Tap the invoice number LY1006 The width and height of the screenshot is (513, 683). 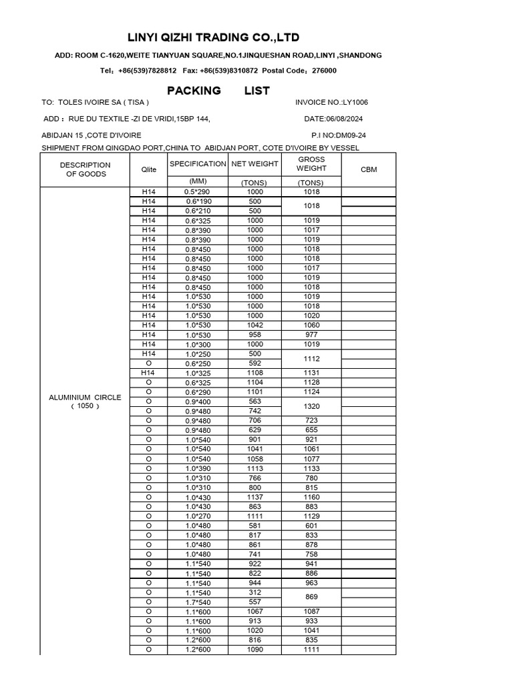[x=354, y=102]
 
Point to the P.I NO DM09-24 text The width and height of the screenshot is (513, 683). [x=339, y=135]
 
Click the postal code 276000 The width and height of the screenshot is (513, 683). [x=324, y=70]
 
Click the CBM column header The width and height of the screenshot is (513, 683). [x=369, y=169]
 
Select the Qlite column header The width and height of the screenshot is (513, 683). [x=148, y=169]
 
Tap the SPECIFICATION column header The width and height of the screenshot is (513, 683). [x=198, y=163]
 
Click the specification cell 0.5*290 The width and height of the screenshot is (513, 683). [x=198, y=191]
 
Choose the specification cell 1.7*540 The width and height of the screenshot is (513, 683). [x=198, y=602]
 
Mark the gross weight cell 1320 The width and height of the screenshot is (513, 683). [x=311, y=406]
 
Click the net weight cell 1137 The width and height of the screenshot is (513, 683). [x=254, y=497]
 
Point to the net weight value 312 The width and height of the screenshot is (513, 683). [x=254, y=592]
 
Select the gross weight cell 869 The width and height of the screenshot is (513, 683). [x=311, y=597]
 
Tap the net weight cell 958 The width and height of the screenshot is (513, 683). [x=254, y=335]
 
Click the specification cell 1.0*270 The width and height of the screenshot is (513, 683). [x=198, y=516]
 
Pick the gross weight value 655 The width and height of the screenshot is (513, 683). [x=311, y=430]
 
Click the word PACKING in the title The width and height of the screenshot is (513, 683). [x=194, y=90]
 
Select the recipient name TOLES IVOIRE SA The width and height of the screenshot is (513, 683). [x=104, y=102]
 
